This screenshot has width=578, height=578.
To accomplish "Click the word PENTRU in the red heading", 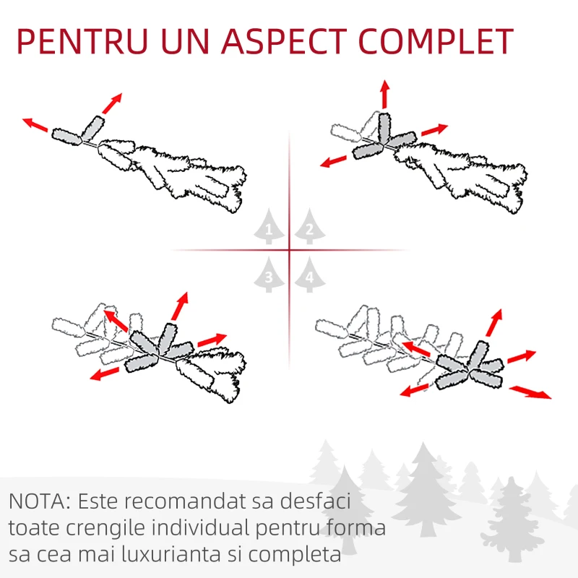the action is (x=82, y=40).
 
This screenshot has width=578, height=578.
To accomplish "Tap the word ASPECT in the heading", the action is (x=284, y=40).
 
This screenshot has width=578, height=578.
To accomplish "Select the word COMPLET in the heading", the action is (x=436, y=40).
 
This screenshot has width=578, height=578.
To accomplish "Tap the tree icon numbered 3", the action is (x=269, y=275).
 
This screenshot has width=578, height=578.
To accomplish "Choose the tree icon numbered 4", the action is (x=310, y=275).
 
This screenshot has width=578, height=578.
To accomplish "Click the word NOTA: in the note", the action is (x=40, y=501).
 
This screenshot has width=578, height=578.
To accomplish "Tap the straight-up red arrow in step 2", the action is (x=385, y=94).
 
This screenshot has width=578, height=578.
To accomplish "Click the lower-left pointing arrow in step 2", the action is (x=333, y=161).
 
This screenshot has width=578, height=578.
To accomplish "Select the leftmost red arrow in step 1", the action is (x=35, y=124).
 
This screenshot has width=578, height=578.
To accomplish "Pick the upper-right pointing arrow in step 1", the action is (x=112, y=103).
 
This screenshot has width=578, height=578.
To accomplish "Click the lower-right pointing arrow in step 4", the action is (x=530, y=392).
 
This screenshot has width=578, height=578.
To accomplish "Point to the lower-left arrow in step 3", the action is (x=105, y=374).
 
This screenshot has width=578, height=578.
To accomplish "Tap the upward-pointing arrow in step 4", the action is (x=494, y=322).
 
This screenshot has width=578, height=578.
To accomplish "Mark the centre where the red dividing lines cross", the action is (x=290, y=250).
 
